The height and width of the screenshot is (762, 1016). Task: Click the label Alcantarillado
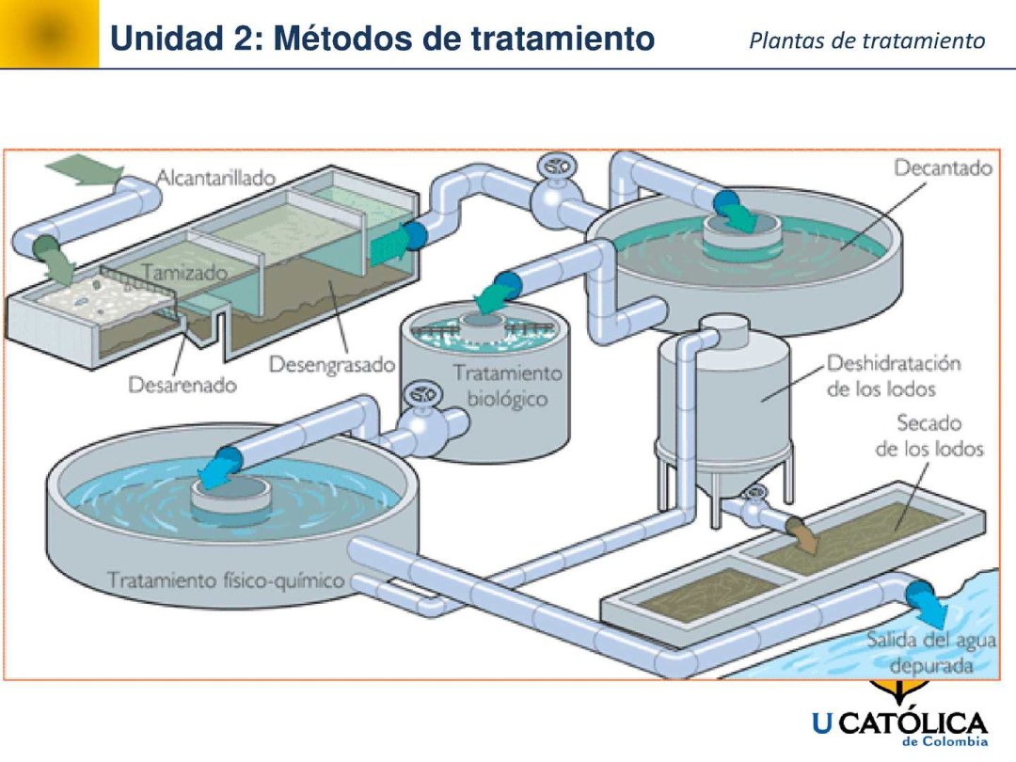215,177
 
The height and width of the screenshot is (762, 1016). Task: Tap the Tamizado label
184,273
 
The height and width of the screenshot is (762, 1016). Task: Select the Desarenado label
183,385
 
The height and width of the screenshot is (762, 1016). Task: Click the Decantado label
943,168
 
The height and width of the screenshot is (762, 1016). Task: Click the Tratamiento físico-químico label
226,579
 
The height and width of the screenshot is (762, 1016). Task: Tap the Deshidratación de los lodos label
894,375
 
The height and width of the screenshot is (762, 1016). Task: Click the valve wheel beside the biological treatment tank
418,395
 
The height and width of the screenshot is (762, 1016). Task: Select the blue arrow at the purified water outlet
928,602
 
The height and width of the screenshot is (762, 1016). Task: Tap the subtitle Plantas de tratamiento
867,41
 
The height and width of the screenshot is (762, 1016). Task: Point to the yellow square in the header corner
49,34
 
